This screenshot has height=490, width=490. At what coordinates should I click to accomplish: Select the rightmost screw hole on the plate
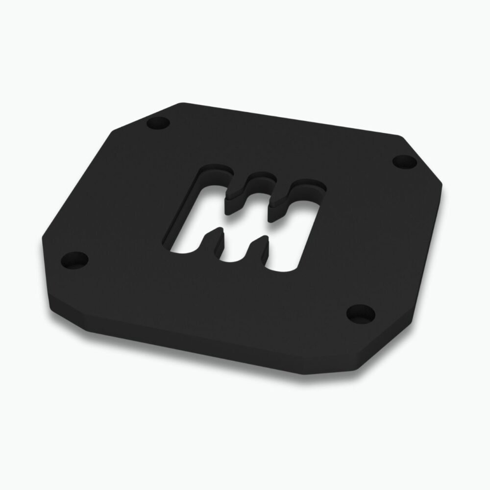403,160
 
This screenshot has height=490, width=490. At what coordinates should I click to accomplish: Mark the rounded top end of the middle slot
260,177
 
